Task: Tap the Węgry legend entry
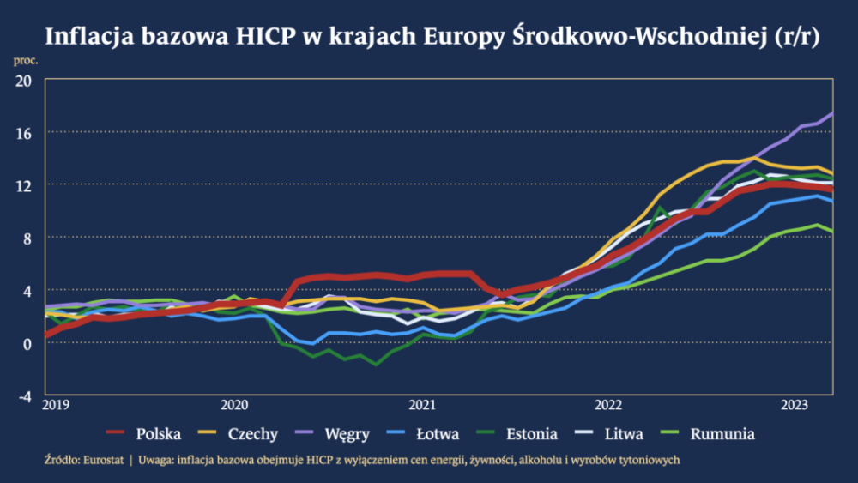347,433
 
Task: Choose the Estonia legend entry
531,433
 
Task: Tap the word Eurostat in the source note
104,460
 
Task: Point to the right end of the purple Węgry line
831,112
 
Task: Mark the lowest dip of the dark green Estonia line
376,365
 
